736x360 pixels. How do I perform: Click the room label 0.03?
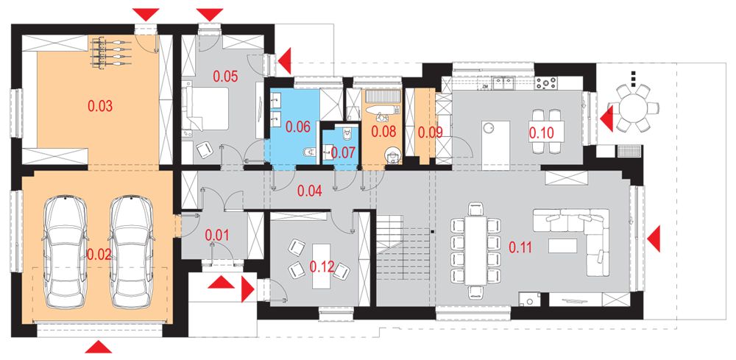tap(100, 106)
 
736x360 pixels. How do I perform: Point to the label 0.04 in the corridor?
tap(309, 191)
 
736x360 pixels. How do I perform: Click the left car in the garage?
tap(66, 252)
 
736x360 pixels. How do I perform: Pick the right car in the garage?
tap(132, 252)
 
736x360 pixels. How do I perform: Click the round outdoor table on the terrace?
tap(633, 108)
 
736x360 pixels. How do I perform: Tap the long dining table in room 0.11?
tap(476, 250)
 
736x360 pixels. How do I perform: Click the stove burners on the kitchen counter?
tap(547, 83)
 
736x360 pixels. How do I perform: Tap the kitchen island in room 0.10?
tap(495, 146)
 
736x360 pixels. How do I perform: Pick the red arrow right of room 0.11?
tap(654, 238)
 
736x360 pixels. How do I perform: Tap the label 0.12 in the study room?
tap(322, 267)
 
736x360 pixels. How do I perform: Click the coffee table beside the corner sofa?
tap(562, 246)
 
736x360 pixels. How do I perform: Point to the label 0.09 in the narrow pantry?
tap(431, 133)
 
